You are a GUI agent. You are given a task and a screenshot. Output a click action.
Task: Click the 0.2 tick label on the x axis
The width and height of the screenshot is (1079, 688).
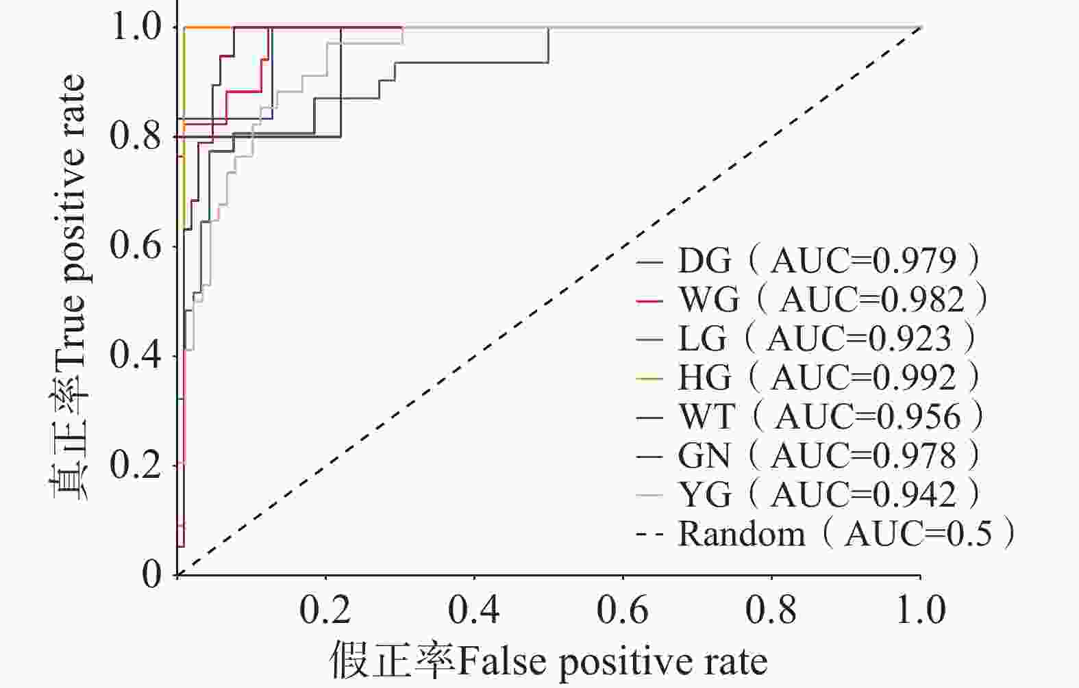[325, 610]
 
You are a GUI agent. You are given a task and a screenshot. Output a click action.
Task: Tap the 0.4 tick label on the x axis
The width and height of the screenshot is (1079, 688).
[474, 610]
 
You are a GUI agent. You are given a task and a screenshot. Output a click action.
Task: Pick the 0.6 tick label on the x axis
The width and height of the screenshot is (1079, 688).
[623, 610]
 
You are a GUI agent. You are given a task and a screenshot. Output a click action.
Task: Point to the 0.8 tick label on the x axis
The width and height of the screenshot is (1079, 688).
[771, 610]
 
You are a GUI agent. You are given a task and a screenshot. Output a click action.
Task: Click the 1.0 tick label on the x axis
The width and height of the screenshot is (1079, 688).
[920, 610]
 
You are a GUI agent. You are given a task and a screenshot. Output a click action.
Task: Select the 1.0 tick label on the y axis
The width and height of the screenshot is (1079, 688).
[137, 27]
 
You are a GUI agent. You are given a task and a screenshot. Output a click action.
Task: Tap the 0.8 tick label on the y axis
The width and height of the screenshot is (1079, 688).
[137, 137]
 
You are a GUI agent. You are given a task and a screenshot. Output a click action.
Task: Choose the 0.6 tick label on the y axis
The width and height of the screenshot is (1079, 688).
[137, 246]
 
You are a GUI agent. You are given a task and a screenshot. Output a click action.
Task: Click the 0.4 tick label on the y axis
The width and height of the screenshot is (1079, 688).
[137, 356]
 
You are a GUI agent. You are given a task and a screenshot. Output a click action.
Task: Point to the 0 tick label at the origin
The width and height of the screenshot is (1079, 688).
[152, 574]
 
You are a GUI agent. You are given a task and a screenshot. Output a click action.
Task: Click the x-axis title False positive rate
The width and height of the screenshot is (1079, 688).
[548, 661]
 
